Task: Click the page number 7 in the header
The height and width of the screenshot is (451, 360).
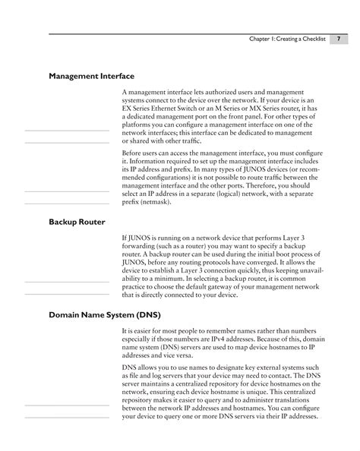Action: coord(338,39)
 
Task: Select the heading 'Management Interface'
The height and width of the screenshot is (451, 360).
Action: coord(92,77)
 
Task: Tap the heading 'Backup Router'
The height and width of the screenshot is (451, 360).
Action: coord(77,222)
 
